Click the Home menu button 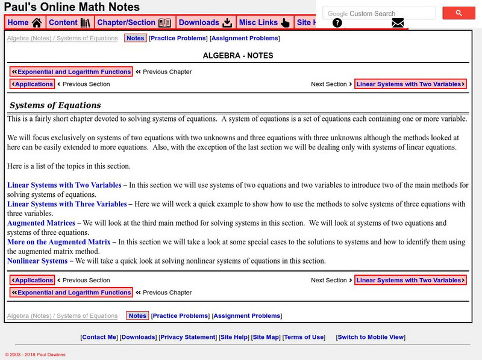coord(25,23)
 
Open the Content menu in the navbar coord(69,23)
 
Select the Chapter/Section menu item coord(134,23)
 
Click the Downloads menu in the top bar coord(205,23)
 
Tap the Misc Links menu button coord(264,23)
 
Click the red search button coord(459,13)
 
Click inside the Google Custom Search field coord(380,13)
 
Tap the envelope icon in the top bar coord(398,23)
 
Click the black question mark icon coord(337,23)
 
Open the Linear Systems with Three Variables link coord(67,204)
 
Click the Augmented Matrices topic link coord(41,223)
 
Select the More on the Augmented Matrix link coord(59,242)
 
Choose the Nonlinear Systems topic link coord(37,261)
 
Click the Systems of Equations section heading coord(55,105)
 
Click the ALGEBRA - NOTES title coord(238,55)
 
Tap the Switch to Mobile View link coord(371,337)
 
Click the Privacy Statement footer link coord(188,337)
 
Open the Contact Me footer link coord(99,337)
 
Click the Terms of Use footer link coord(304,337)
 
